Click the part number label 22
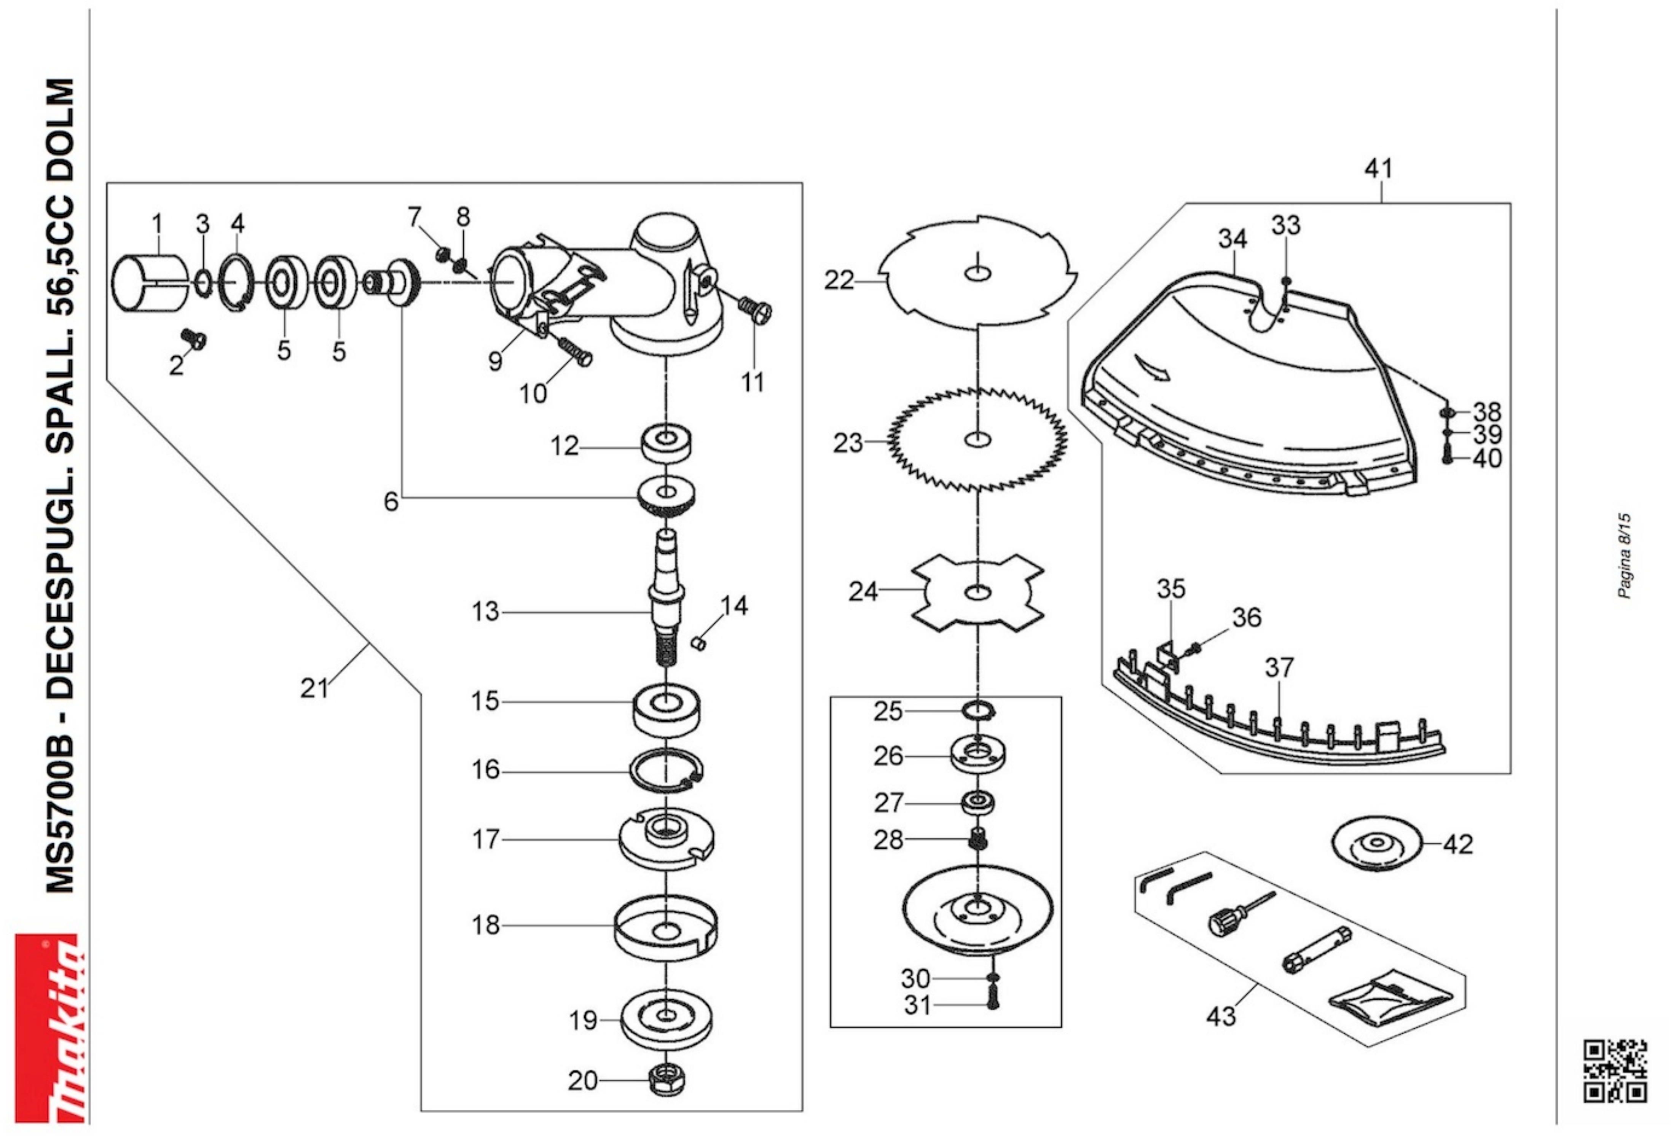[839, 280]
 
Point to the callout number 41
[1378, 168]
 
